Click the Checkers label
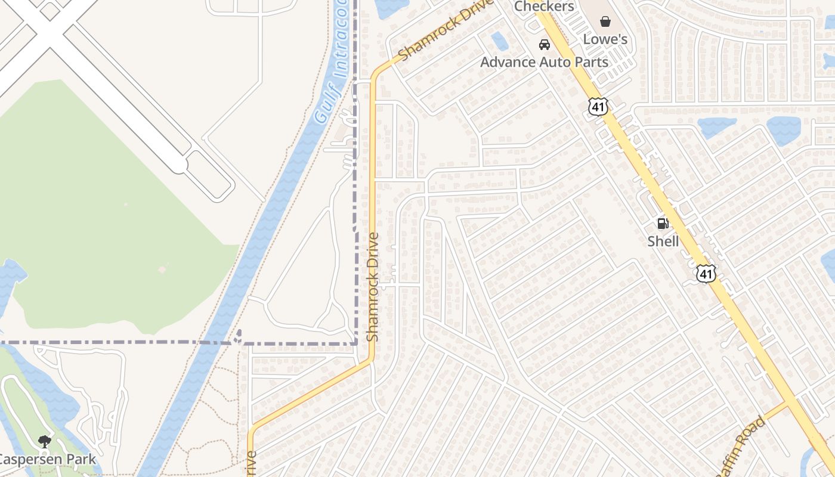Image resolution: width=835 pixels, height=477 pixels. coord(544,7)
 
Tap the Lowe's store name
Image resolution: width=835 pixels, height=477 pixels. coord(605,39)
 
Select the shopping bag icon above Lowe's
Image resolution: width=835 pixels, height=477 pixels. coord(605,22)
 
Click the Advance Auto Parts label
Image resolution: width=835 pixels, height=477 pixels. coord(544,62)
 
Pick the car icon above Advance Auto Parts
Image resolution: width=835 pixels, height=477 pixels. coord(544,45)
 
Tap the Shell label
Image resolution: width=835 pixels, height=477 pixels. coord(663,241)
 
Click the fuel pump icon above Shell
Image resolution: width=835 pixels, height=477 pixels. coord(662,224)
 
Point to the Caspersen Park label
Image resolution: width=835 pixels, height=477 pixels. coord(47,459)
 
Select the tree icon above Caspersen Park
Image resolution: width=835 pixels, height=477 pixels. coord(44,442)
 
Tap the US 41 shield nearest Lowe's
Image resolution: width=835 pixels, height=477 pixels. coord(597,106)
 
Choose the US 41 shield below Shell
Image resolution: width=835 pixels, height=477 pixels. coord(706,274)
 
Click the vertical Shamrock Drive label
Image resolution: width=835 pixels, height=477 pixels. coord(373,287)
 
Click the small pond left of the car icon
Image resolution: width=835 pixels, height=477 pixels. coord(500,41)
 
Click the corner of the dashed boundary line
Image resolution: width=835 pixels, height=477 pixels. coord(356,343)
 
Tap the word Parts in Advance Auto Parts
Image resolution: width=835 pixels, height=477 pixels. coord(588,62)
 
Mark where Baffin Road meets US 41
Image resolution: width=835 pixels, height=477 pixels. coord(787,405)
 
